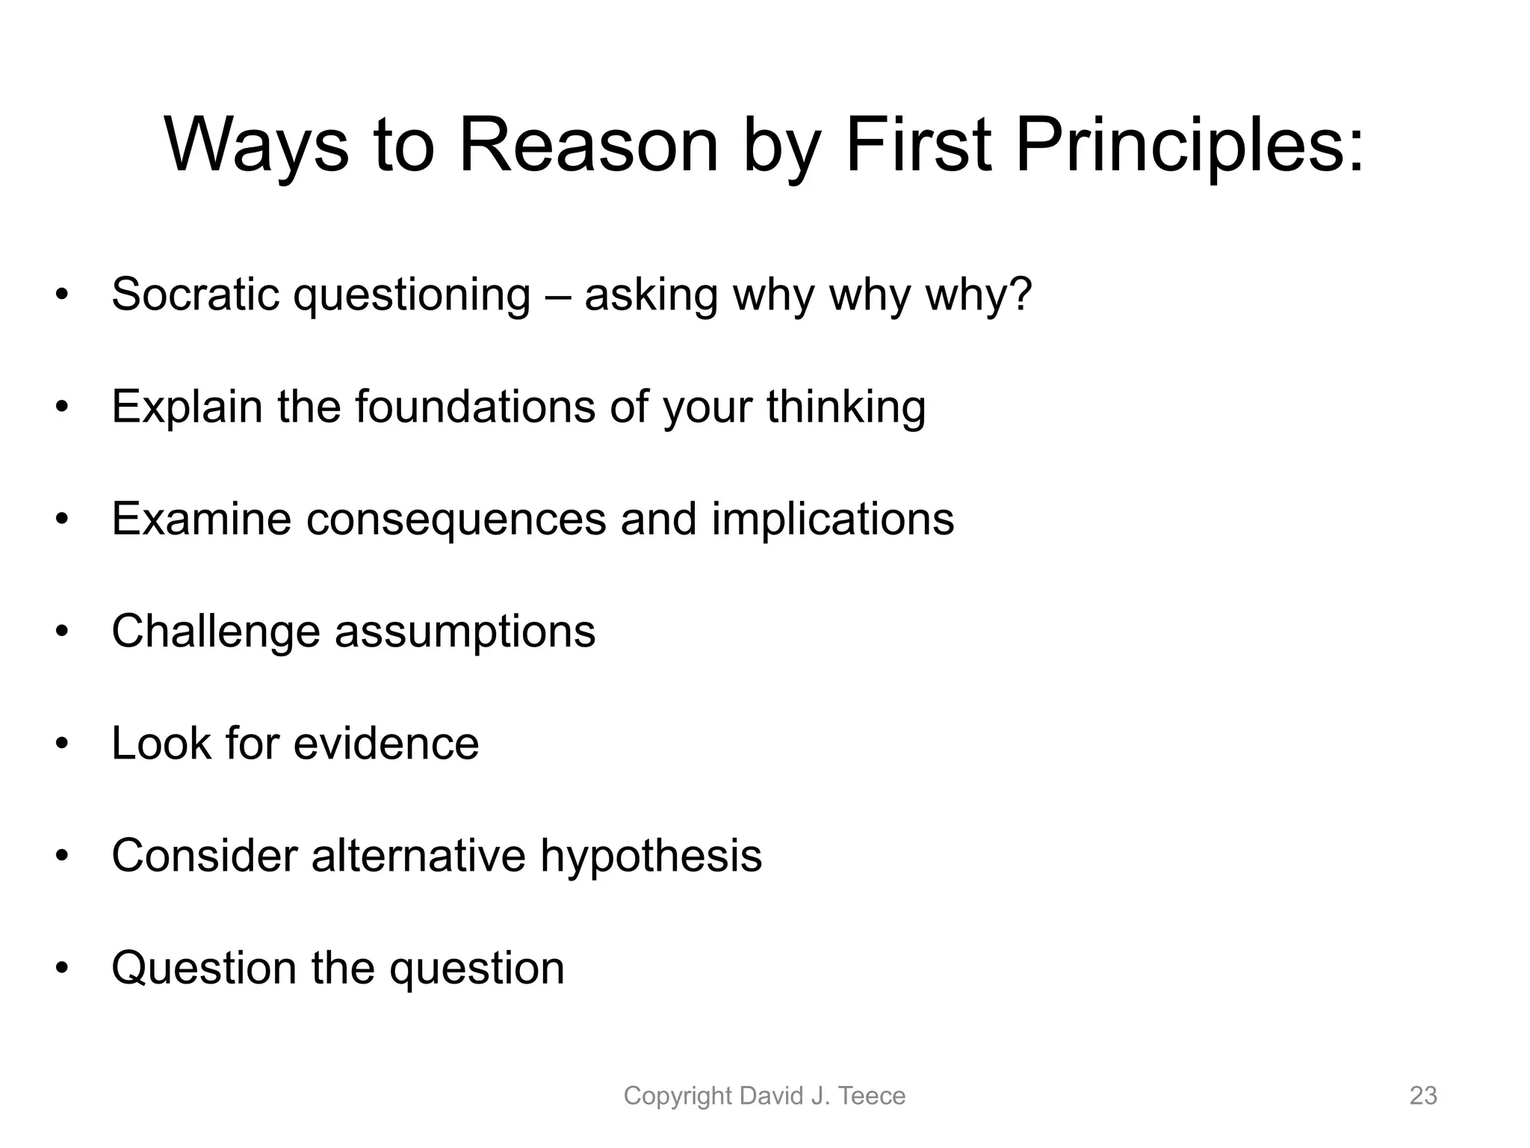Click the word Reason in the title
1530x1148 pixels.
coord(588,146)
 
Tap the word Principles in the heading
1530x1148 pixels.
coord(1189,146)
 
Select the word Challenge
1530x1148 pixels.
coord(216,632)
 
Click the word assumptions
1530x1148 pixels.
coord(465,632)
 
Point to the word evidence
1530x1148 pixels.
coord(385,744)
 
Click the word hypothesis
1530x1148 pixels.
coord(651,856)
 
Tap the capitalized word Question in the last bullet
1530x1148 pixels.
coord(204,968)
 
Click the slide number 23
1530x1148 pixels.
coord(1422,1096)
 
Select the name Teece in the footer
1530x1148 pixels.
coord(872,1096)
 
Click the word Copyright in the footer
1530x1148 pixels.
coord(678,1096)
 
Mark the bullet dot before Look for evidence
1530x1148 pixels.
coord(62,744)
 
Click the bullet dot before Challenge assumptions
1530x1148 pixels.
coord(62,632)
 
